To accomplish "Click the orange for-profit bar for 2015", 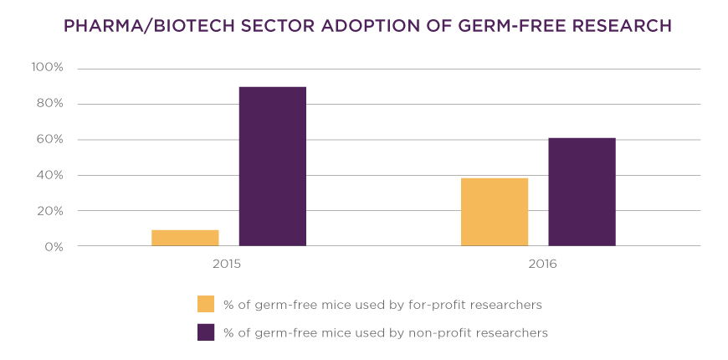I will pyautogui.click(x=185, y=238).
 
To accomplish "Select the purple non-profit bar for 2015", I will pyautogui.click(x=273, y=166).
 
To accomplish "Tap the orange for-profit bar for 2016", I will pyautogui.click(x=495, y=212).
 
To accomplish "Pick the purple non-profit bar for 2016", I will pyautogui.click(x=582, y=192).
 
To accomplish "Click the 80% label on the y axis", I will pyautogui.click(x=49, y=104).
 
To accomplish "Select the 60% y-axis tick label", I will pyautogui.click(x=49, y=140).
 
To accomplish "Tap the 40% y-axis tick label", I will pyautogui.click(x=49, y=176).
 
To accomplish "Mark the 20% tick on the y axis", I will pyautogui.click(x=49, y=211).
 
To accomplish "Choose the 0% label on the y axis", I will pyautogui.click(x=52, y=247).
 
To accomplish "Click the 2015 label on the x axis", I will pyautogui.click(x=227, y=264).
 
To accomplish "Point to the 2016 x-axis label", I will pyautogui.click(x=542, y=264).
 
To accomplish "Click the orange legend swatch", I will pyautogui.click(x=206, y=304).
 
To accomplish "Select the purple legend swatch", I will pyautogui.click(x=206, y=332).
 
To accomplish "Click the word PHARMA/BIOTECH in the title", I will pyautogui.click(x=142, y=26).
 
